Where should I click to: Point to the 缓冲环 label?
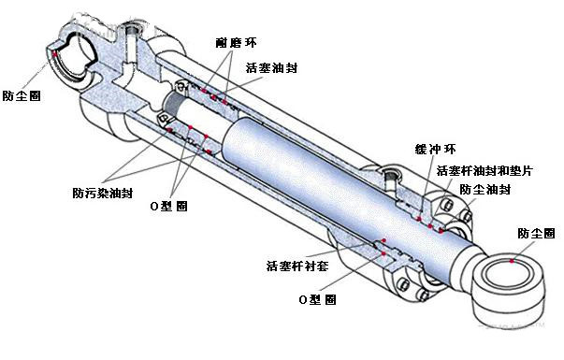point(435,150)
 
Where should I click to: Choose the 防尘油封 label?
point(484,189)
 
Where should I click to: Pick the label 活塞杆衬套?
point(296,266)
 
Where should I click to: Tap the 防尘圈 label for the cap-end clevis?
point(21,95)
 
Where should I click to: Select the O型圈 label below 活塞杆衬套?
point(318,298)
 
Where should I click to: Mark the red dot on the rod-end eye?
point(511,263)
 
